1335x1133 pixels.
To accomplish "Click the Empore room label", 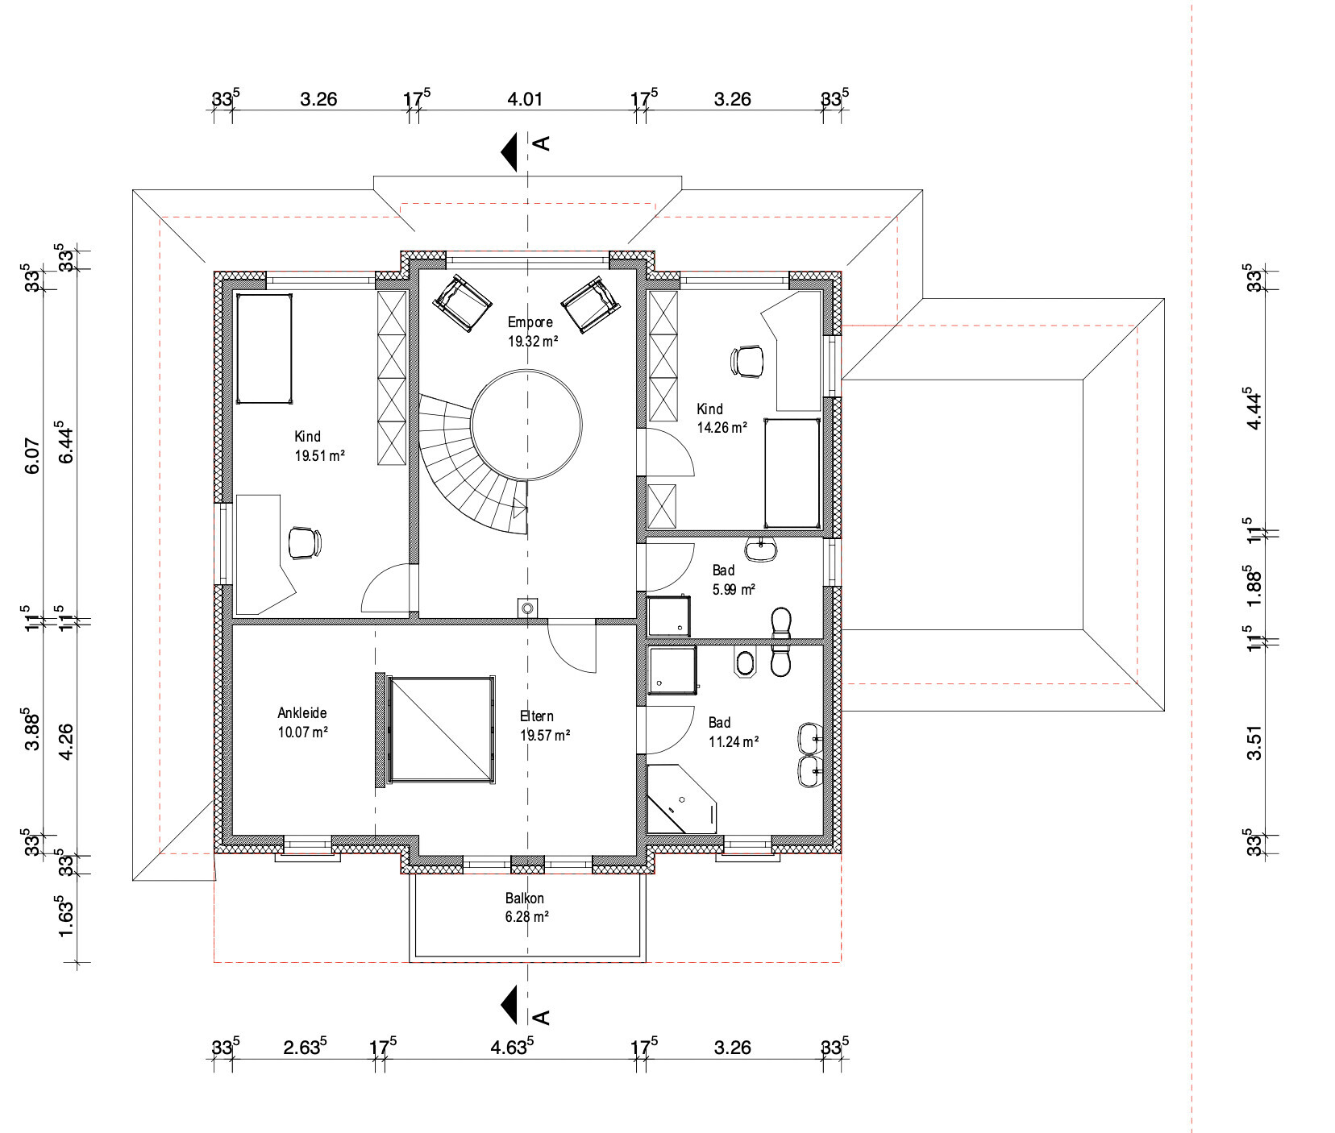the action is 530,322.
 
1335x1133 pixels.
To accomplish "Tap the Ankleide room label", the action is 302,713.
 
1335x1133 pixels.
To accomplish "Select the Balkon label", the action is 525,898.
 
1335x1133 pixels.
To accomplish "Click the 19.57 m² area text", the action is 545,735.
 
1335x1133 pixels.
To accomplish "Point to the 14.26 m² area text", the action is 722,427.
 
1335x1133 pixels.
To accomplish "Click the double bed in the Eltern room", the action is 441,729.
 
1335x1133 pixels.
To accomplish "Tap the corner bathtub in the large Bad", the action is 681,799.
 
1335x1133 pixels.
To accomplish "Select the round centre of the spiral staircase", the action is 526,425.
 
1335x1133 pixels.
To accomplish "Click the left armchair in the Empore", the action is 463,303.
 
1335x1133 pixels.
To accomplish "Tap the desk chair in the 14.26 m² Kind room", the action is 748,361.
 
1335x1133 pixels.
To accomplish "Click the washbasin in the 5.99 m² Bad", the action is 761,550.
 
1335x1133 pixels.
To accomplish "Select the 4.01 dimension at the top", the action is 525,99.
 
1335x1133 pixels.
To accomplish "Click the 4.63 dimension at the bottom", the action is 512,1047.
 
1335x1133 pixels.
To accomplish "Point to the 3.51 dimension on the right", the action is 1254,742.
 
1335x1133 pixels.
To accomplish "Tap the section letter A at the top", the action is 543,143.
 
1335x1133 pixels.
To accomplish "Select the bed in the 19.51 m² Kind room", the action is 264,348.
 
